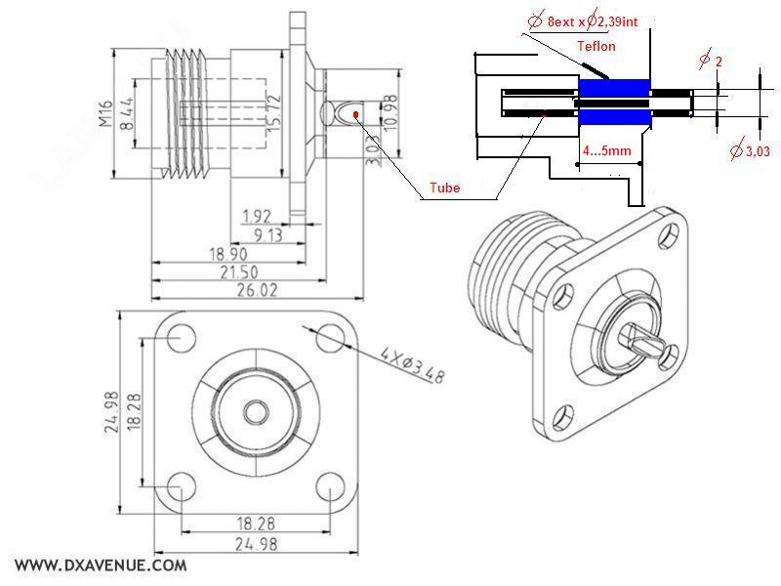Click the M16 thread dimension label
coord(105,113)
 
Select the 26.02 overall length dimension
coord(255,290)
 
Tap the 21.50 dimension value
coord(255,271)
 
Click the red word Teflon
coord(596,46)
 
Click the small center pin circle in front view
coord(255,411)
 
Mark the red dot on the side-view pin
coord(358,114)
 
